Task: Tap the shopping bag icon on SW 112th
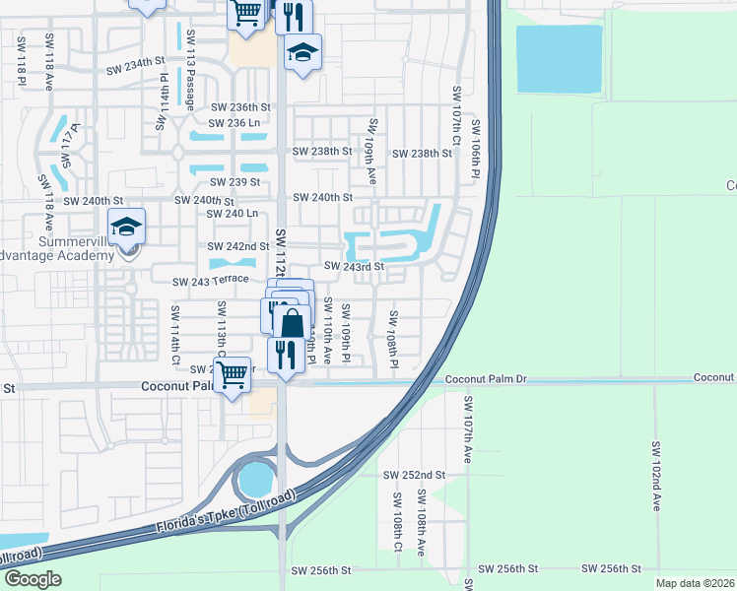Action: click(x=292, y=323)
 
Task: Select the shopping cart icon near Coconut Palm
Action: click(x=232, y=374)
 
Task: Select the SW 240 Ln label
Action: click(x=232, y=214)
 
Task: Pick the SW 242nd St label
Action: click(x=237, y=246)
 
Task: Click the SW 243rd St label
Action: click(x=354, y=267)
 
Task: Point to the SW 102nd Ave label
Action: click(x=654, y=475)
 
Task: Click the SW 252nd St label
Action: click(x=414, y=474)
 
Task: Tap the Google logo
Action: click(x=33, y=578)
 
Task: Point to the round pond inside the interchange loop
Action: click(x=255, y=481)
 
